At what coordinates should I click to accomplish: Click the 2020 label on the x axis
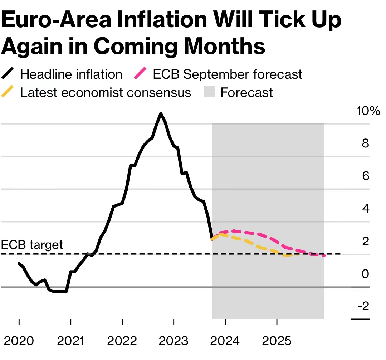19,341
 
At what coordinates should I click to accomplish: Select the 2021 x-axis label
70,341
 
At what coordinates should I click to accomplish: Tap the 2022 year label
122,341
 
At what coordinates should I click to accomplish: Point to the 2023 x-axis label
174,341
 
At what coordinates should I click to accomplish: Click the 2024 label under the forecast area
225,341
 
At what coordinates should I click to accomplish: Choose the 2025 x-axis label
277,341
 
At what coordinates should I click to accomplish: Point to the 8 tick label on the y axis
365,143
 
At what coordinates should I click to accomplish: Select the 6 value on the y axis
365,176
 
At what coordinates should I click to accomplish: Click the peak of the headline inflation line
161,113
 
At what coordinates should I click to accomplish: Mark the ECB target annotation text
32,245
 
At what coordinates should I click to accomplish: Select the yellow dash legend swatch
8,92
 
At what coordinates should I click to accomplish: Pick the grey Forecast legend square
210,92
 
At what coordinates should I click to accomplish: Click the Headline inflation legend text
71,74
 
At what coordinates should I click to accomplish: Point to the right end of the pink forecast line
324,256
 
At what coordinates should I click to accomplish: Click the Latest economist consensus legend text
106,92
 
